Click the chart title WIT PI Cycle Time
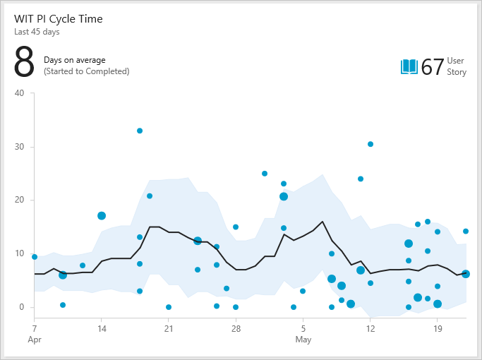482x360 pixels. tap(58, 19)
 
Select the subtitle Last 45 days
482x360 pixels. tap(37, 32)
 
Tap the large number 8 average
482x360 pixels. tap(24, 63)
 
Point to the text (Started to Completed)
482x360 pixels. tap(86, 71)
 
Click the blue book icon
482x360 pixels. tap(409, 67)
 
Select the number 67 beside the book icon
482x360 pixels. tap(432, 67)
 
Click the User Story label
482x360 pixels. tap(456, 67)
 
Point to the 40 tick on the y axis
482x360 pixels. tap(19, 93)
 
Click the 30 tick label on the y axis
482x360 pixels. tap(19, 147)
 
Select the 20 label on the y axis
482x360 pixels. tap(19, 200)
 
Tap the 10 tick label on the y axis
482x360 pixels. tap(19, 253)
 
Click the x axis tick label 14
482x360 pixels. tap(102, 328)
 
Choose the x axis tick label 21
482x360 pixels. tap(169, 328)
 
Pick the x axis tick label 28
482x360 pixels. tap(236, 328)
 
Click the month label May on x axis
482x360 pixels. tap(303, 340)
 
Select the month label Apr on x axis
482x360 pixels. tap(35, 340)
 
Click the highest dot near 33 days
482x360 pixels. tap(140, 131)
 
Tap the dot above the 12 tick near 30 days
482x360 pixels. tap(370, 144)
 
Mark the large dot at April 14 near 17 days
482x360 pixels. tap(102, 216)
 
